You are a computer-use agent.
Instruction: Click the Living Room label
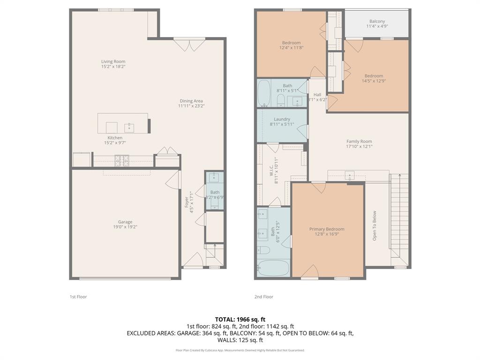[x=113, y=61]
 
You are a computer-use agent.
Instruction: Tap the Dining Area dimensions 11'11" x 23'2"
[x=191, y=106]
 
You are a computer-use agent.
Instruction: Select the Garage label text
[x=125, y=222]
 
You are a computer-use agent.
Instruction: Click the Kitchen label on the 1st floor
[x=115, y=138]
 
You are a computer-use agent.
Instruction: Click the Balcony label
[x=377, y=22]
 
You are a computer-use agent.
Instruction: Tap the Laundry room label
[x=282, y=119]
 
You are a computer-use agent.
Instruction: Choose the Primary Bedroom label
[x=327, y=229]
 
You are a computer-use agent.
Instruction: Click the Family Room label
[x=359, y=141]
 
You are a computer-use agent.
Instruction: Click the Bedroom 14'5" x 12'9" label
[x=374, y=76]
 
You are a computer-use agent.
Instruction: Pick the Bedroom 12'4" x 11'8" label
[x=291, y=43]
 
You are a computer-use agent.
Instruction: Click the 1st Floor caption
[x=78, y=297]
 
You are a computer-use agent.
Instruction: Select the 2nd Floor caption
[x=264, y=297]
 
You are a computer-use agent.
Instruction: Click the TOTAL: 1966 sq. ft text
[x=240, y=319]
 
